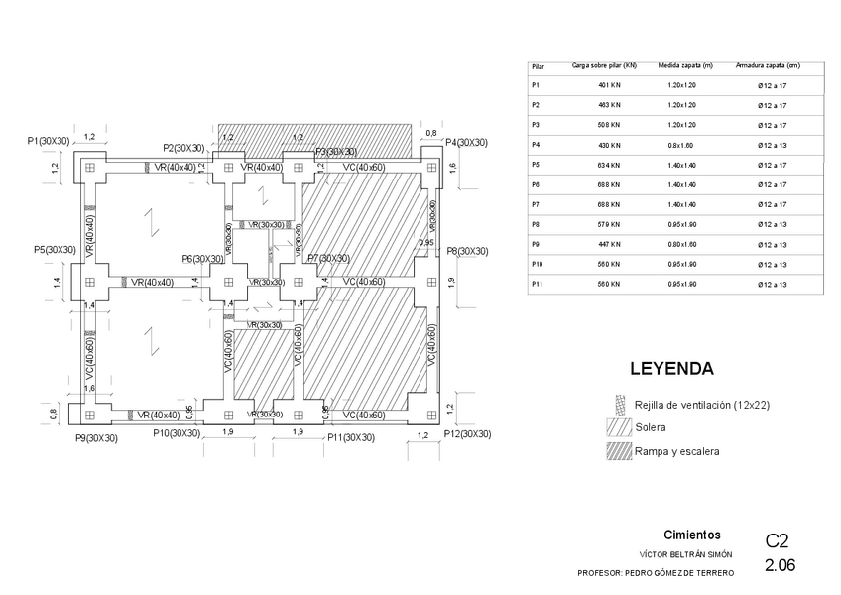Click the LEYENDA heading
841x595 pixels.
[671, 369]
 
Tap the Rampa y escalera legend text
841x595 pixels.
[677, 451]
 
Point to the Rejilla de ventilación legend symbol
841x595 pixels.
[621, 405]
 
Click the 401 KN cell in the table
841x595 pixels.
[609, 86]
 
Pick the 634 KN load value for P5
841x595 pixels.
[609, 165]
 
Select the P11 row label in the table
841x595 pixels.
[539, 284]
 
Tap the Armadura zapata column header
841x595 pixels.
[768, 66]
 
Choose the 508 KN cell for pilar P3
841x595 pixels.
[609, 125]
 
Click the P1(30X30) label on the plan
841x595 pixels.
[49, 142]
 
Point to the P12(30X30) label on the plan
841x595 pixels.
[467, 434]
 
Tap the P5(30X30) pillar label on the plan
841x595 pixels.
[55, 250]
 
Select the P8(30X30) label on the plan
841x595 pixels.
[466, 252]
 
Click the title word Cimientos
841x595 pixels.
[691, 535]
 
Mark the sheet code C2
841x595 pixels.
[777, 541]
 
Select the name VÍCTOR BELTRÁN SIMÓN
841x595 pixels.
[686, 554]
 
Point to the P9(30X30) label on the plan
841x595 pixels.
[97, 437]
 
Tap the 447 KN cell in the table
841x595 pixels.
[609, 244]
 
